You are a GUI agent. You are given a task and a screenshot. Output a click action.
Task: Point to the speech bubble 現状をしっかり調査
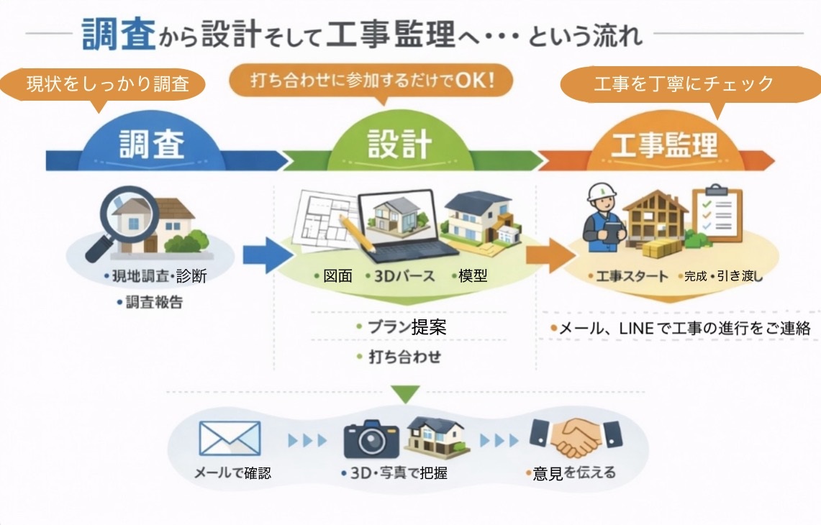(108, 84)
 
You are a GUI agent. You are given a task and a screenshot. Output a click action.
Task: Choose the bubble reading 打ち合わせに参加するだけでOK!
(371, 80)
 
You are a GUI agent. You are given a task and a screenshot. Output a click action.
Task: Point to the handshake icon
(576, 437)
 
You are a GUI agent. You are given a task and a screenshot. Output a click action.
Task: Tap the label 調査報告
(154, 302)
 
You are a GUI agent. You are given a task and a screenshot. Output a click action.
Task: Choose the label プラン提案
(407, 327)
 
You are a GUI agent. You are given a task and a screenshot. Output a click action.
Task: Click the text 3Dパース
(404, 276)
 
